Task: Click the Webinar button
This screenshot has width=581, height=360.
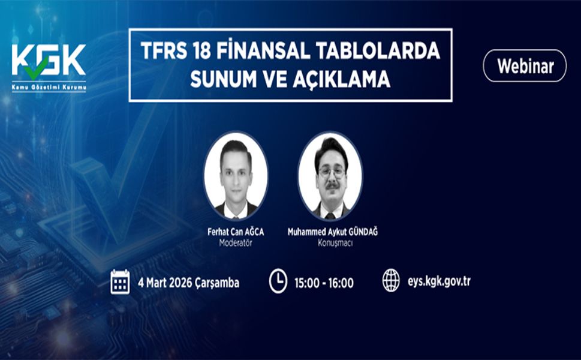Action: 525,65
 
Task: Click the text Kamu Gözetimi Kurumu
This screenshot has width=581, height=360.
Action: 49,88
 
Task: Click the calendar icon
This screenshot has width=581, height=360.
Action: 120,281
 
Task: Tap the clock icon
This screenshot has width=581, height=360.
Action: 278,281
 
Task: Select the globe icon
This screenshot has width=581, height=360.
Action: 391,280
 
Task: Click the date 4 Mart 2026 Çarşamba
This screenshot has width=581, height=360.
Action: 188,283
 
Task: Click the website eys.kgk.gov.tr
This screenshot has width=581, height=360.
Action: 439,280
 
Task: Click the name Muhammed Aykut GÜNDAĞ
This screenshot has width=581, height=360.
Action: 333,232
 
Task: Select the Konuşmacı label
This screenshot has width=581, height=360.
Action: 333,244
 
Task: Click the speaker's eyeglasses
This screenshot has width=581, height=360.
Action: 332,172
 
